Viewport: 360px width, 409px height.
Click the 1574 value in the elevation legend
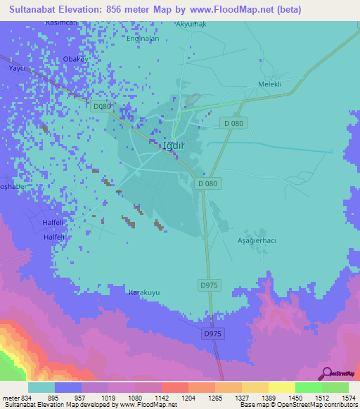click(x=349, y=398)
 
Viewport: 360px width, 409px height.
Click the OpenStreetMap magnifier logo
click(x=326, y=375)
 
